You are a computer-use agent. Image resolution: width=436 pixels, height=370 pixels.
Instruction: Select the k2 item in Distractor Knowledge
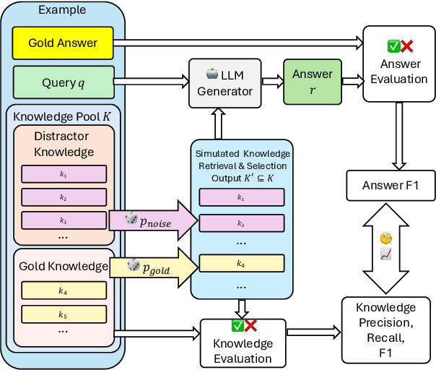click(x=64, y=197)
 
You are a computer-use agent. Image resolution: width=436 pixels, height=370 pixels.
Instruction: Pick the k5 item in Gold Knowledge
click(x=64, y=314)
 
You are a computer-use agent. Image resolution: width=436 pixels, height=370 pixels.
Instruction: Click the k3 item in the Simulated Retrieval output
click(x=241, y=225)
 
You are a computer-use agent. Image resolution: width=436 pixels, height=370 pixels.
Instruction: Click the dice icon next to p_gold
click(x=133, y=265)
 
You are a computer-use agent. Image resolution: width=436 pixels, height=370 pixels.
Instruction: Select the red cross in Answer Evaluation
click(x=406, y=46)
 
